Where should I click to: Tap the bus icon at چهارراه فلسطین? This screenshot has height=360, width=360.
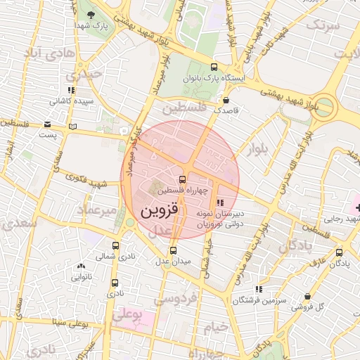tap(183, 179)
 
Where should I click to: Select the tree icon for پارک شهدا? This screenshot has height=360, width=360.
tap(89, 13)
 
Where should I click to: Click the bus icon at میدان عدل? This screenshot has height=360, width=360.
tap(173, 250)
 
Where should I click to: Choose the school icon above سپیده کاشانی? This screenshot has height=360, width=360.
tap(70, 90)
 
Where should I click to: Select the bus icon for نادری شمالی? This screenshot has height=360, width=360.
tap(115, 246)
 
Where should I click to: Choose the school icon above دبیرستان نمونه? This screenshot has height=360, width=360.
tap(221, 202)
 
